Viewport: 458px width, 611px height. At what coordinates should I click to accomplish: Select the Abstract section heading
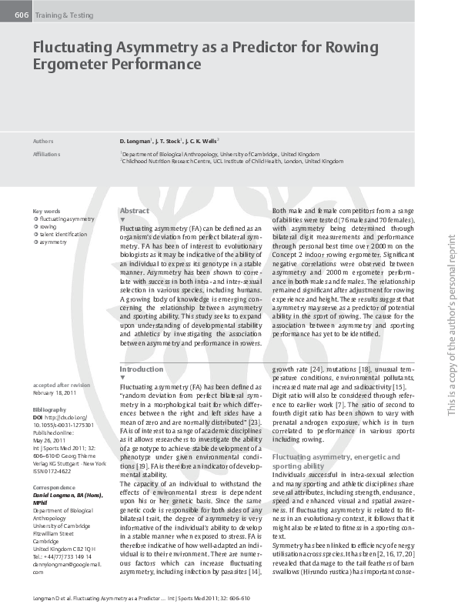coord(135,210)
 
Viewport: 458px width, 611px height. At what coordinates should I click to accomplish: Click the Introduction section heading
coord(142,369)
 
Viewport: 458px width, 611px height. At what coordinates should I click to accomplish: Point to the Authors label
coord(43,142)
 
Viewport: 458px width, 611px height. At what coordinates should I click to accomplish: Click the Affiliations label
coord(47,153)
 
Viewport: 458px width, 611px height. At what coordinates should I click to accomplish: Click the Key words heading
coord(46,211)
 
